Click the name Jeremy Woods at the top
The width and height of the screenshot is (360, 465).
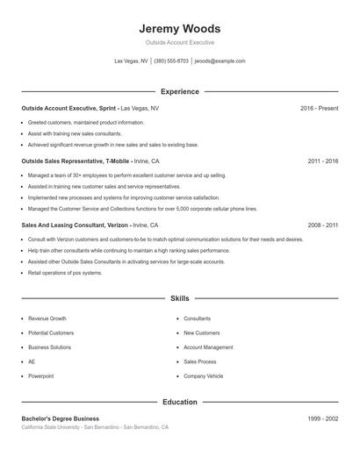(180, 28)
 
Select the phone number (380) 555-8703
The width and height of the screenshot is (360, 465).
(171, 61)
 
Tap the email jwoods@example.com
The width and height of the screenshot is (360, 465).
(220, 61)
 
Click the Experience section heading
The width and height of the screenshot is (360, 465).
(180, 91)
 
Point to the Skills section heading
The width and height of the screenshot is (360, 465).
(180, 299)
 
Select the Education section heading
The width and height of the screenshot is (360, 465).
(180, 402)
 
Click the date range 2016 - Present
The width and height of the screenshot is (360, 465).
(319, 108)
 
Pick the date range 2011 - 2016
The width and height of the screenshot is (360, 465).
(323, 161)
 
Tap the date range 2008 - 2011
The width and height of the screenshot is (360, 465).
(323, 225)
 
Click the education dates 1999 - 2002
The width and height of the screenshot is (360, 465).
(323, 418)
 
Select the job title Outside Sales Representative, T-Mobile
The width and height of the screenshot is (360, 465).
(76, 161)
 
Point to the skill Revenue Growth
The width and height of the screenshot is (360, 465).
(47, 318)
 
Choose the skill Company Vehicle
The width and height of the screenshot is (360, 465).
(205, 376)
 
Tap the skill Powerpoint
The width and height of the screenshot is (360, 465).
(41, 376)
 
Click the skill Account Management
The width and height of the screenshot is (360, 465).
(208, 347)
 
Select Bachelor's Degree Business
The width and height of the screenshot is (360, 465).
(61, 418)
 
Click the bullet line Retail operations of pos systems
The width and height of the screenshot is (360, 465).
(65, 273)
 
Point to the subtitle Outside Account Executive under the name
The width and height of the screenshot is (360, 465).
(180, 42)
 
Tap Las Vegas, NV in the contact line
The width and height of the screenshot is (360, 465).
(132, 61)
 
